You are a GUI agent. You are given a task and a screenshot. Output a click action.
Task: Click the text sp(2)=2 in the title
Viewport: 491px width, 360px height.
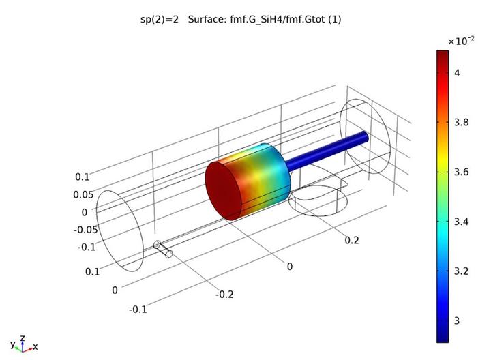click(x=160, y=19)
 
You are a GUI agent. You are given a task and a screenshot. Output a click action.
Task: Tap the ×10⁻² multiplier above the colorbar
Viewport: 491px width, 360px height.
click(x=461, y=41)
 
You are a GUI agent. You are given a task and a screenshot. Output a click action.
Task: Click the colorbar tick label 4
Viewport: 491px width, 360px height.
click(x=457, y=73)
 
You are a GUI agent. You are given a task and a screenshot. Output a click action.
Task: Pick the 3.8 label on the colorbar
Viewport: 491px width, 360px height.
click(x=461, y=122)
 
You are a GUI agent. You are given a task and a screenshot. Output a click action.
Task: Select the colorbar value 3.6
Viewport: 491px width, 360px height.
click(x=461, y=172)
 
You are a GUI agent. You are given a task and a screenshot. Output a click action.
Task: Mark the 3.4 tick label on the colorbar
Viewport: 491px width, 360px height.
click(x=461, y=222)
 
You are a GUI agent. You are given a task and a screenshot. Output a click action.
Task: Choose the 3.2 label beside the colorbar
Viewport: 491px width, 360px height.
click(x=461, y=271)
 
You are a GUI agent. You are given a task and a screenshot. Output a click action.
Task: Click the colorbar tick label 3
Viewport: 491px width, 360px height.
click(x=457, y=320)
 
